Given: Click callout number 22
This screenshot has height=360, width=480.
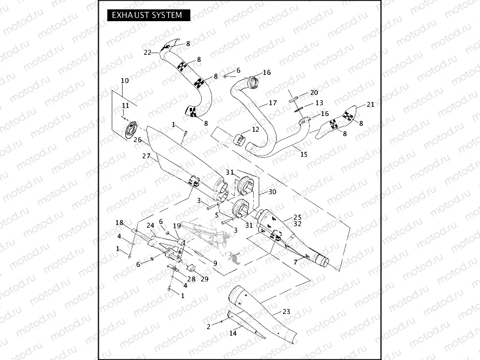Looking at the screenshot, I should click(148, 53).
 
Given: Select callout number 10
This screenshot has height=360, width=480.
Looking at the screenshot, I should click(125, 81).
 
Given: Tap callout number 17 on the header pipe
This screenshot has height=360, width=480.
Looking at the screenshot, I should click(273, 102).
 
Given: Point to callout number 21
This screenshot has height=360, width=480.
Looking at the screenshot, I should click(370, 105).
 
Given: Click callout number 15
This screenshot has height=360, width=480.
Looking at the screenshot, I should click(304, 154).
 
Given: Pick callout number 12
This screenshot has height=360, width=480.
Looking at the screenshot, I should click(255, 130).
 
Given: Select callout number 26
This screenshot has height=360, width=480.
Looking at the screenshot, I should click(137, 140).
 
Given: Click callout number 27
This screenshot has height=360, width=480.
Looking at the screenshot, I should click(146, 156).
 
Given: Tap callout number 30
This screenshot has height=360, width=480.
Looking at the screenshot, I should click(272, 192).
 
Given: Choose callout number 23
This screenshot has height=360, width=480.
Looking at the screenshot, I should click(286, 312).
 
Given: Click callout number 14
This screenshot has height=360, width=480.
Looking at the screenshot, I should click(233, 333).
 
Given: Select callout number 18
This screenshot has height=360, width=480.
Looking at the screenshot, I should click(119, 223).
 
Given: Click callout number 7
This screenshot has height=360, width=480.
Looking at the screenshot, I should click(296, 262).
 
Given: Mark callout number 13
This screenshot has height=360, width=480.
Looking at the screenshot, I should click(319, 102).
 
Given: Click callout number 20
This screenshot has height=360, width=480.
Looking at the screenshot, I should click(314, 93).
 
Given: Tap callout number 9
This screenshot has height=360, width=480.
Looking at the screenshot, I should click(215, 263).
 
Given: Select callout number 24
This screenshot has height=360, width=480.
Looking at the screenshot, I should click(151, 225).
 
